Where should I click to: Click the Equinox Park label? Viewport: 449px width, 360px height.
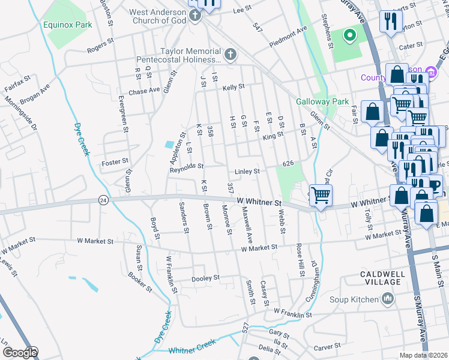coord(68,25)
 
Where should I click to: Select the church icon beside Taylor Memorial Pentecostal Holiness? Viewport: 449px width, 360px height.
coord(230,56)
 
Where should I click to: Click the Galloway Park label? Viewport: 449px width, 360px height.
coord(322,101)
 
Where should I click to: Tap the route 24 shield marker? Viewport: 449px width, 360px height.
coord(103,200)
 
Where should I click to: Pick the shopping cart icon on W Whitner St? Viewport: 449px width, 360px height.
coord(321,194)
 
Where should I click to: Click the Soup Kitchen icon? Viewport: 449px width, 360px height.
coord(388,299)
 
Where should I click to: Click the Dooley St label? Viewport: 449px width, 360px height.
coord(205,278)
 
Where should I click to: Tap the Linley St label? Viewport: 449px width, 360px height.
coord(247,171)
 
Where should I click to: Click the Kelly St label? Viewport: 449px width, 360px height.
coord(234,87)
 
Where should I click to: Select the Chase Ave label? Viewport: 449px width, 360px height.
coord(144,91)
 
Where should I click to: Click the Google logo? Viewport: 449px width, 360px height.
coord(20,353)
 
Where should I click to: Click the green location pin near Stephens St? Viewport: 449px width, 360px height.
coord(348,35)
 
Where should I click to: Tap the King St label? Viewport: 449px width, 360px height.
coord(273,136)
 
